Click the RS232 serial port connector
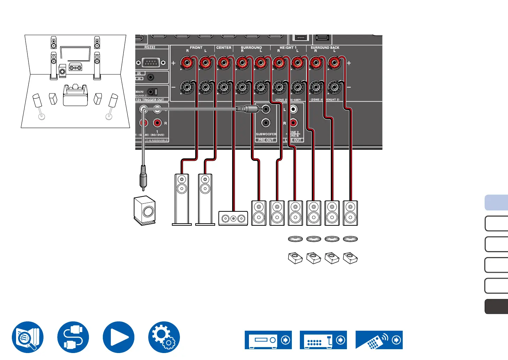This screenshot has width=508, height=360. pos(151,63)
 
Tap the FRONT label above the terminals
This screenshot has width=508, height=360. pos(196,47)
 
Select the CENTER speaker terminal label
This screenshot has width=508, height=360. pos(224,47)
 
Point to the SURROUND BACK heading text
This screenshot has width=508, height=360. pos(325,47)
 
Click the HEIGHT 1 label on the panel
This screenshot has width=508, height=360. pos(288,47)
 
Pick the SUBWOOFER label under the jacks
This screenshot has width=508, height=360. pos(266,134)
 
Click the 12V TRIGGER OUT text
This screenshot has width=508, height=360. pos(150,100)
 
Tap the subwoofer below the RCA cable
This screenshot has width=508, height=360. pos(145,210)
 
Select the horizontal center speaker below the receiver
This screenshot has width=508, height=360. pos(233,218)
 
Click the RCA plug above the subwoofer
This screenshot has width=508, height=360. pos(143,178)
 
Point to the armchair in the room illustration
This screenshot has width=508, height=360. pos(75,95)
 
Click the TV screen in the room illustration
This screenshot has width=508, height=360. pos(75,54)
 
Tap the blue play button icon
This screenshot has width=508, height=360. pos(119,337)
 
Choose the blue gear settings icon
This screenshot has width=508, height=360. pos(164,337)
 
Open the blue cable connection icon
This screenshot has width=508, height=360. pos(73,337)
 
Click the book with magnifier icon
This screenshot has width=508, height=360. pos(28,337)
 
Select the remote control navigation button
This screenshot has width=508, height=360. pos(379,340)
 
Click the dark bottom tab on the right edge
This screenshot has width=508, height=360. pos(496,307)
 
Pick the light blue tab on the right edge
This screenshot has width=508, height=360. pos(496,203)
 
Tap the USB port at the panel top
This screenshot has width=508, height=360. pos(322,38)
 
